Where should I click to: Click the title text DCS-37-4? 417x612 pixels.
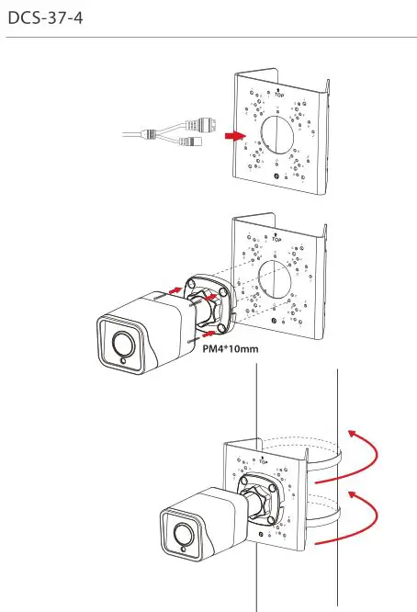[x=45, y=18]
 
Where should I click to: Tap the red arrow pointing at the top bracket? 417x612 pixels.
[x=236, y=136]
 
